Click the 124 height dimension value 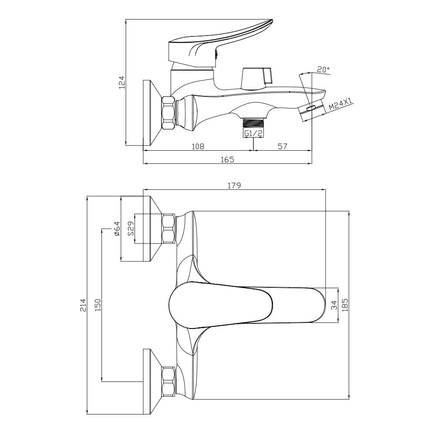tap(122, 82)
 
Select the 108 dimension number tap(198, 146)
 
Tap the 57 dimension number tap(283, 146)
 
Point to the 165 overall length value tap(227, 160)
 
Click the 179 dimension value tap(234, 185)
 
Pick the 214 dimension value tap(83, 305)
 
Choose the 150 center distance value tap(98, 305)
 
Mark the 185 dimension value tap(345, 305)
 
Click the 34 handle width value tap(334, 305)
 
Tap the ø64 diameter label tap(116, 229)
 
